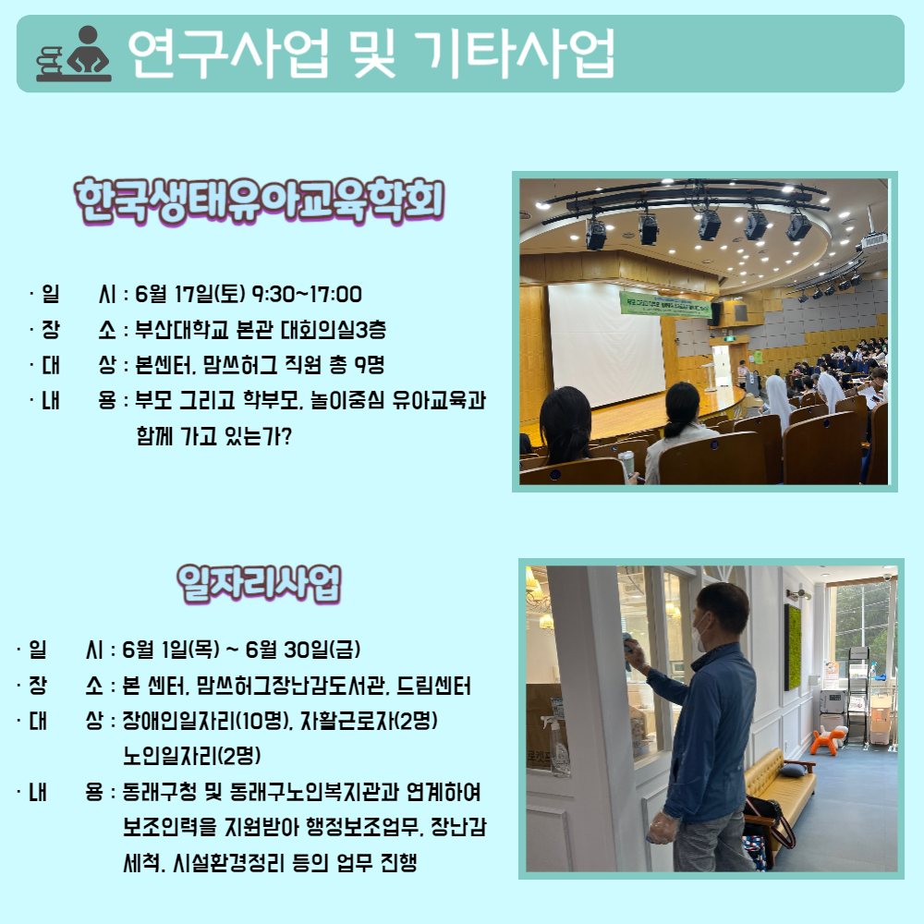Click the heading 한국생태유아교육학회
[x=260, y=201]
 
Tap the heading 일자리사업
[x=260, y=584]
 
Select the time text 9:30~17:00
[x=307, y=294]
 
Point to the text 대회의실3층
[x=333, y=330]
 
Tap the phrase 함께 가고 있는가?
[x=214, y=436]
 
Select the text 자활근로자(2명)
[x=369, y=720]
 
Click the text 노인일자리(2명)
[x=191, y=756]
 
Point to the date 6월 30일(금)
[x=302, y=650]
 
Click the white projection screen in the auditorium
[x=607, y=345]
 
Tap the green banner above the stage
[x=665, y=303]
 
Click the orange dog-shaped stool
[x=829, y=740]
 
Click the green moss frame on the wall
[x=793, y=647]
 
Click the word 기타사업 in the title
[x=515, y=54]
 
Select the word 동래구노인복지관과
[x=314, y=792]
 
